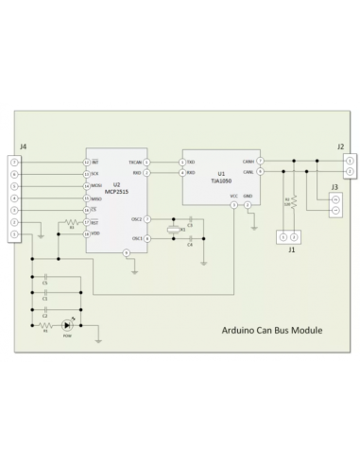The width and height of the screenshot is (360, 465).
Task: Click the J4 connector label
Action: [x=22, y=148]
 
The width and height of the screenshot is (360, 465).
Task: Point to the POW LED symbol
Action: [x=67, y=323]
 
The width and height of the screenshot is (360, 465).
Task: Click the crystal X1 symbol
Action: [x=171, y=231]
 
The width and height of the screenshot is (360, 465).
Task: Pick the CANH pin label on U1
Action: [x=249, y=162]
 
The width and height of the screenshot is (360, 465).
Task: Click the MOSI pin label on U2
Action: [x=95, y=186]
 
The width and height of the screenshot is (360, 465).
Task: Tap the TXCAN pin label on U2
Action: [x=135, y=162]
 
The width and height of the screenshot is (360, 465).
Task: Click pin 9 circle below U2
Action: [x=127, y=253]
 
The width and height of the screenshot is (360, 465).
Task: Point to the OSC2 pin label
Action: [x=137, y=218]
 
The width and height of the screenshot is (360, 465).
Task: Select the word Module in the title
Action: [x=304, y=332]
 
